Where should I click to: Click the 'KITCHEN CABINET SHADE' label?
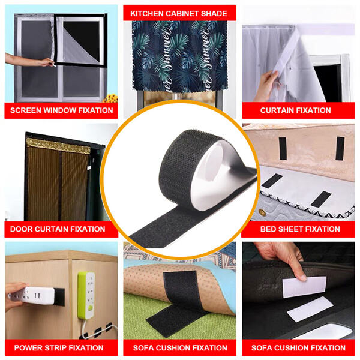tap(179, 13)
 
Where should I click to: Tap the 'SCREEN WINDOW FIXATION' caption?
tap(61, 110)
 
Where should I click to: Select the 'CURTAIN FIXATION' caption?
tap(295, 110)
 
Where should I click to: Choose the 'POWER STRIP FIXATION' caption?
tap(59, 347)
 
